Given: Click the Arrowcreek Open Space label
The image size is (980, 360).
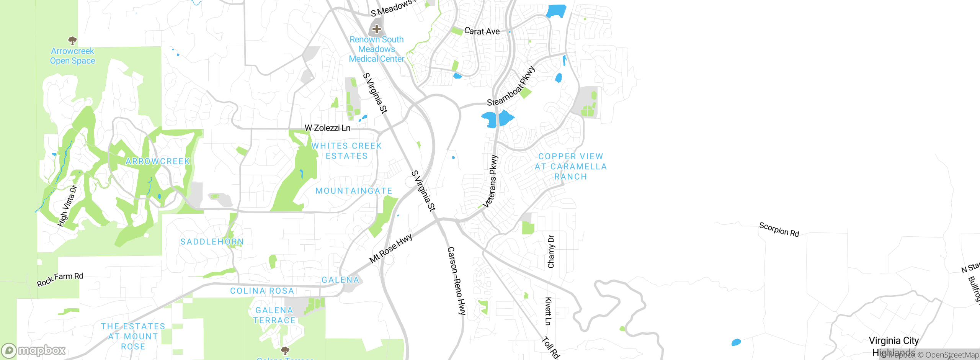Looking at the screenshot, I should [72, 56].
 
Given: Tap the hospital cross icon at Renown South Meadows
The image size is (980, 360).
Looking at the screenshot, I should [377, 29].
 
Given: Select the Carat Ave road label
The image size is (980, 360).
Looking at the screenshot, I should [482, 31].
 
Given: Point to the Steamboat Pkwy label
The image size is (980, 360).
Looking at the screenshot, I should [511, 87].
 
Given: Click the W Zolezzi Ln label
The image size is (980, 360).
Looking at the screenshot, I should [327, 128].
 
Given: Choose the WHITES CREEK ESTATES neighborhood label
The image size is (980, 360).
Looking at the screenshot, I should [346, 151].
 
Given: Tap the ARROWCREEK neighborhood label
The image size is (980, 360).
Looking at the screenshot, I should [158, 161].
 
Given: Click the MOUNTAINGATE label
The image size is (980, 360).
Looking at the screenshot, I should [354, 191].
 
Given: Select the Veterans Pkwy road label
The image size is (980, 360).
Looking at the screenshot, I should [491, 181].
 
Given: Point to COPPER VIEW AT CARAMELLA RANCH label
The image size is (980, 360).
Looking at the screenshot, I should [570, 167].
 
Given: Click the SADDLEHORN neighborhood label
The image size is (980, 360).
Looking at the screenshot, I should [212, 242].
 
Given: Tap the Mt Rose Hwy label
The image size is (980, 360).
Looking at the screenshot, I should [391, 249].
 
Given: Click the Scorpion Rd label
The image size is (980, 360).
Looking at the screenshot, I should [779, 229].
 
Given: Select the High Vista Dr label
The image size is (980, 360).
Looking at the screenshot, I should [67, 206].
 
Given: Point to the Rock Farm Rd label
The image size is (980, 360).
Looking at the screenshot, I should [60, 280].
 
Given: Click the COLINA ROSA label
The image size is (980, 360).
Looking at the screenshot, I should [262, 291].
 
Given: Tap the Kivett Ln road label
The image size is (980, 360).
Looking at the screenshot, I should [548, 311].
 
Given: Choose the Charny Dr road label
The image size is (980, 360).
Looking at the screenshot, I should [551, 252].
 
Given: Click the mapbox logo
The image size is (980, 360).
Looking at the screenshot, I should [34, 350].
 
